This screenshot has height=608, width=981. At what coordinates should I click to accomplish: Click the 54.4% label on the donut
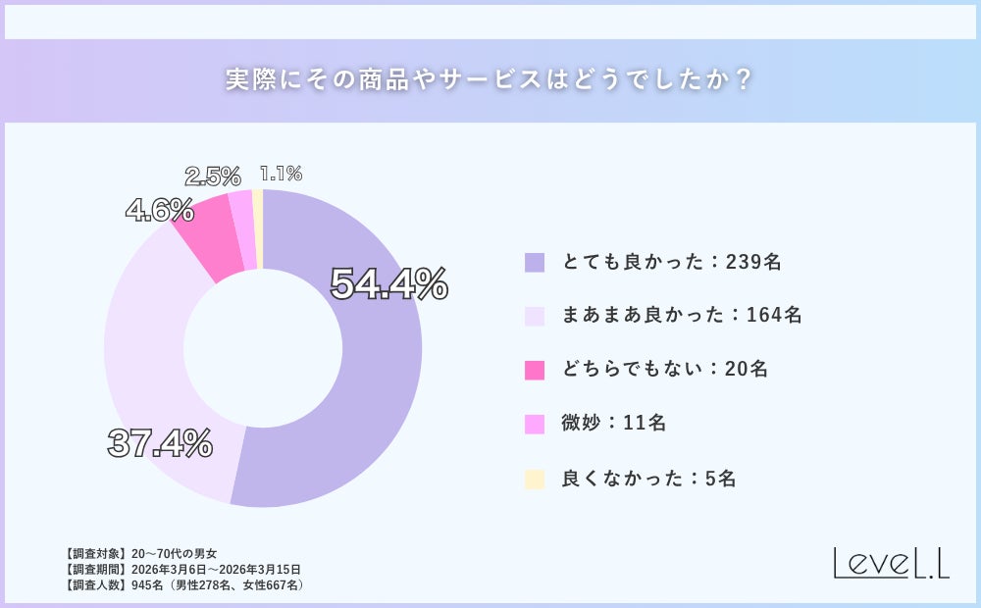(388, 284)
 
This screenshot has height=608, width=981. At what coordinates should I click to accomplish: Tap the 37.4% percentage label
(160, 444)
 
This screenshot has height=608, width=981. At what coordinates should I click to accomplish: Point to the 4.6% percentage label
(159, 210)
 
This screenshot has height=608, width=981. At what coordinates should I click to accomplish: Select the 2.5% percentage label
(213, 177)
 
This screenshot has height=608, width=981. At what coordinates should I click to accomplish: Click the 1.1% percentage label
(281, 174)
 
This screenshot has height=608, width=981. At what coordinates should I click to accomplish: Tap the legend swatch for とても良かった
(535, 262)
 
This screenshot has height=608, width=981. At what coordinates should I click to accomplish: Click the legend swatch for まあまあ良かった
(535, 316)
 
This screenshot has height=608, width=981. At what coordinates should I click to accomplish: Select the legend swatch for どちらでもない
(535, 370)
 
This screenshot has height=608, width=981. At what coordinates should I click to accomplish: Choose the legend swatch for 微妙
(535, 424)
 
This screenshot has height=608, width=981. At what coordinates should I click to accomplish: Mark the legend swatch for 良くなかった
(535, 479)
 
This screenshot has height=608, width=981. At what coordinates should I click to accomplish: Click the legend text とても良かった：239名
(671, 262)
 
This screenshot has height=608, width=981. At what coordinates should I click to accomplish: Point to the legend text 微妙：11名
(614, 424)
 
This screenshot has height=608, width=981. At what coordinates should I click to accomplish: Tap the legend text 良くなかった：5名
(648, 479)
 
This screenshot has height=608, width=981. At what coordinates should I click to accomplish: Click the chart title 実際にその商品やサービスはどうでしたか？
(490, 80)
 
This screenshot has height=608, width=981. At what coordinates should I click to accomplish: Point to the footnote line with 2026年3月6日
(181, 569)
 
